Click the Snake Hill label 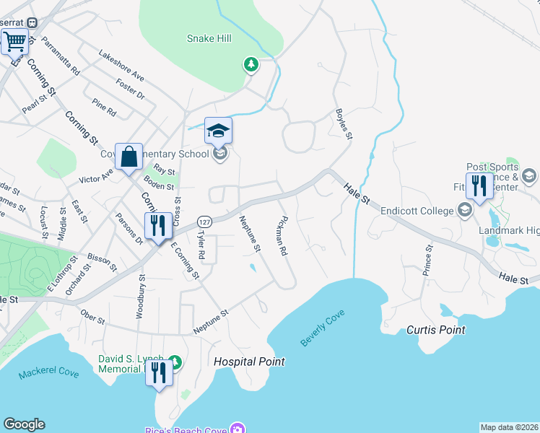tap(209, 38)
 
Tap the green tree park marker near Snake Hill tap(251, 65)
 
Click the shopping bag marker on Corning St tap(129, 155)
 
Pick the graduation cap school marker tap(218, 131)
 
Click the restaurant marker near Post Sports tap(479, 185)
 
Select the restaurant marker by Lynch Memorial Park tap(159, 372)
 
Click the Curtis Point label tap(435, 330)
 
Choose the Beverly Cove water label tap(323, 328)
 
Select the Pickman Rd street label tap(282, 236)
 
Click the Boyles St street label tap(344, 123)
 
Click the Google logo tap(24, 424)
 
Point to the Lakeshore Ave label tap(121, 66)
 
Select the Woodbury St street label tap(140, 296)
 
